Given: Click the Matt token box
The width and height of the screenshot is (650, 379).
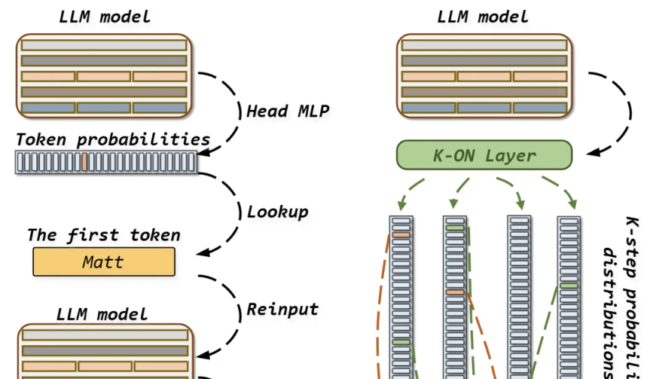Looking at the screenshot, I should point(103,262).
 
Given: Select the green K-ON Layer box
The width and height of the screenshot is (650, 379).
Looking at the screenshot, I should point(484,155).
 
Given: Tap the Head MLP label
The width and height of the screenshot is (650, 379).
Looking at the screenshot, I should point(288,112).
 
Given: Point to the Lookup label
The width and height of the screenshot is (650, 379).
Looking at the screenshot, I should point(277,211).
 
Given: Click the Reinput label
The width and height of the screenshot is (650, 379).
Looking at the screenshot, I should point(282,309).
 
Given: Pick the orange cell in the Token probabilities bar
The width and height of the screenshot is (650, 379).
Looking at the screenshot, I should point(85,162).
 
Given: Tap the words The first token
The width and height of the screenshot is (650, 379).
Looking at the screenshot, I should point(103,235).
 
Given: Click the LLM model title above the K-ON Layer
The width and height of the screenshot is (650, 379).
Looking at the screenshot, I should point(483,17).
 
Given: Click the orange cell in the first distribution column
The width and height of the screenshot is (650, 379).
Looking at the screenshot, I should point(401,236).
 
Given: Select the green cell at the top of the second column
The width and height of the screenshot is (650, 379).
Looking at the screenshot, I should point(455,226).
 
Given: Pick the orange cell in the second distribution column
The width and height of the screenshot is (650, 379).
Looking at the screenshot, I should point(455,292).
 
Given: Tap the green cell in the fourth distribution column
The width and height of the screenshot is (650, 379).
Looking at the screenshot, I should point(569,286).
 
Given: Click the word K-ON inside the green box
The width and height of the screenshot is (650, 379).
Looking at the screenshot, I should point(450,156).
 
